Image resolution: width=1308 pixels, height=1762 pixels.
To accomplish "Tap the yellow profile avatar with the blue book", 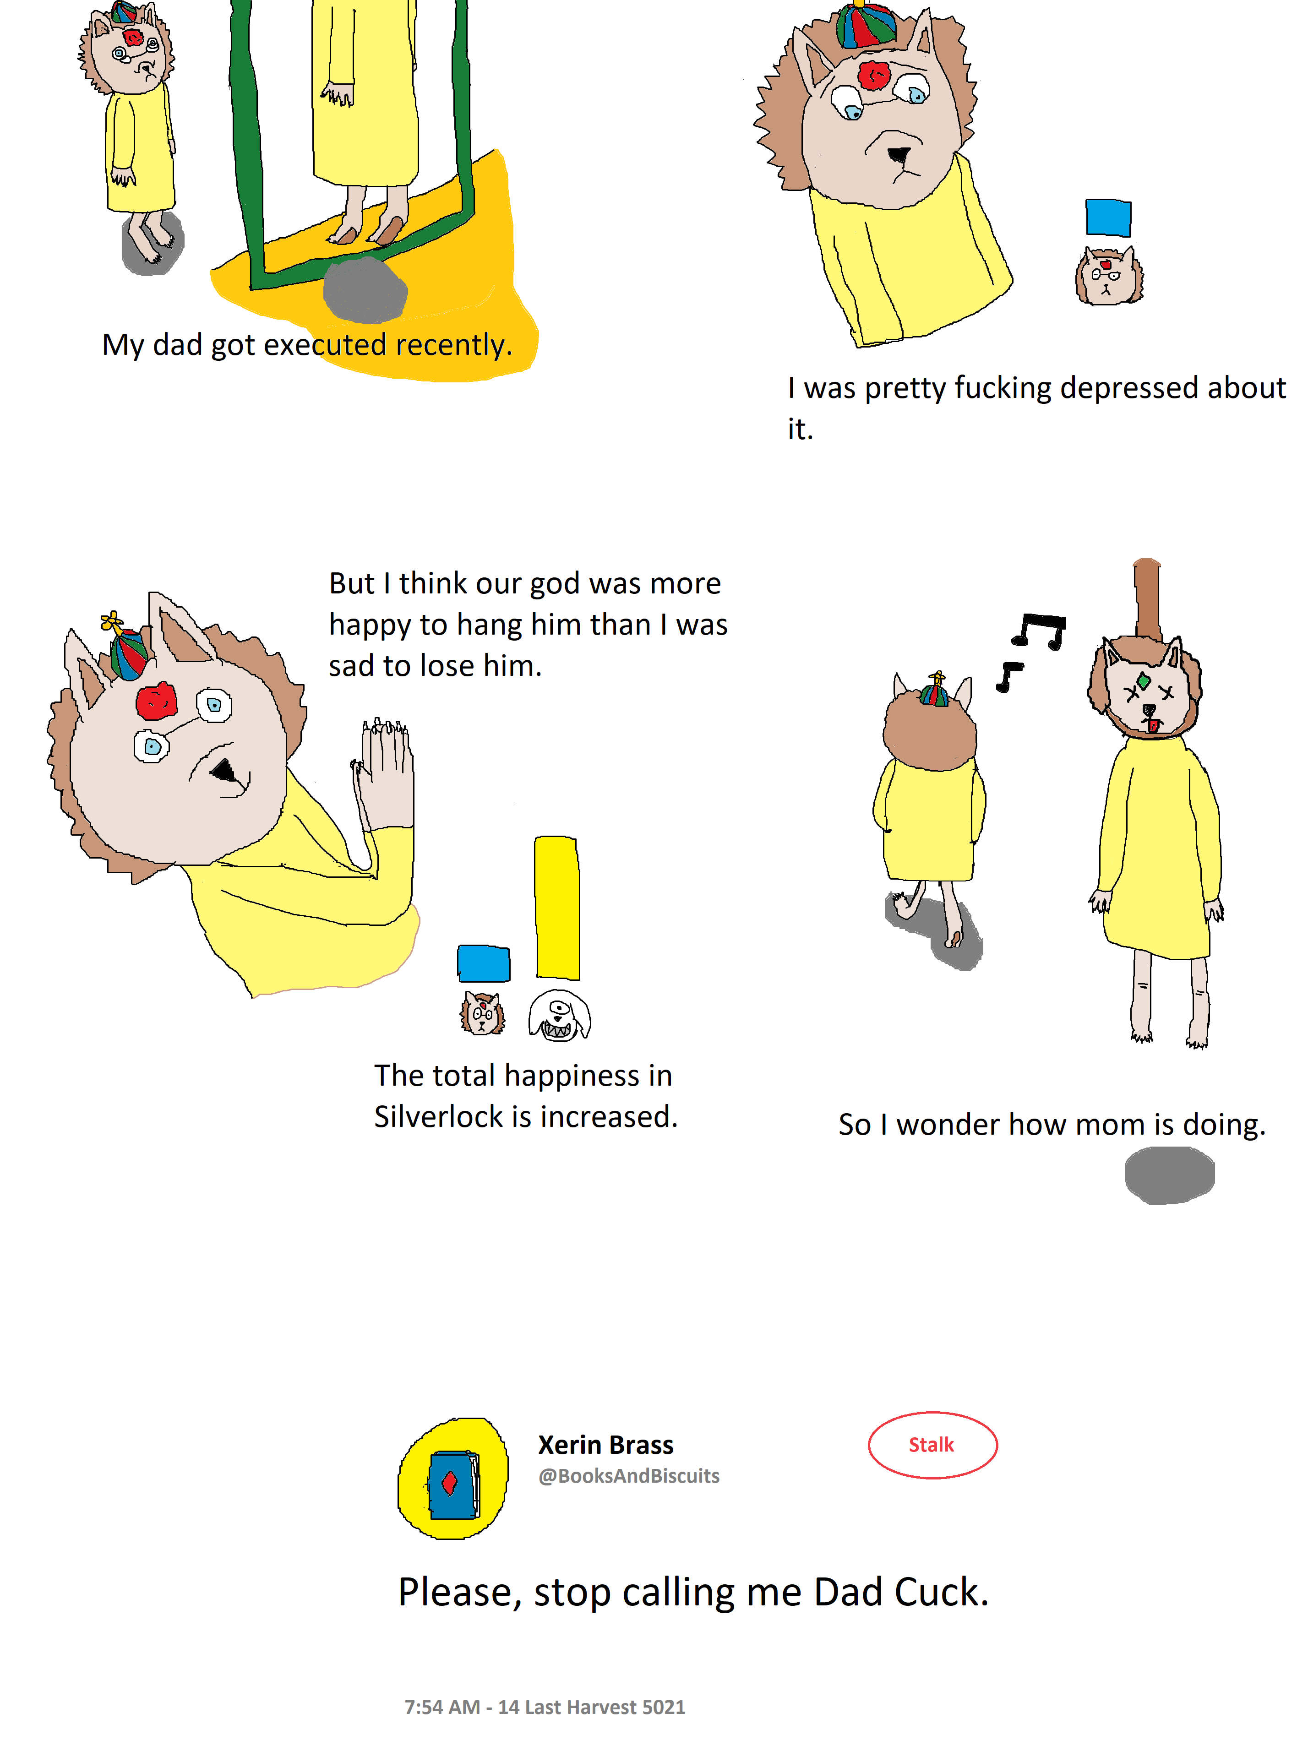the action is coord(452,1478).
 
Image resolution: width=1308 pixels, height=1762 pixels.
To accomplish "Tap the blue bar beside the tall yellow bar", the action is coord(483,963).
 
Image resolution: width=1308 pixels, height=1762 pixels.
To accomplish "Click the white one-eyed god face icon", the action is coord(559,1015).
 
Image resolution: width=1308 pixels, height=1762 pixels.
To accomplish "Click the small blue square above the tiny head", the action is coord(1108,218).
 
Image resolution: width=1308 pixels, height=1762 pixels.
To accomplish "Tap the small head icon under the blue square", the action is coord(1108,276).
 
